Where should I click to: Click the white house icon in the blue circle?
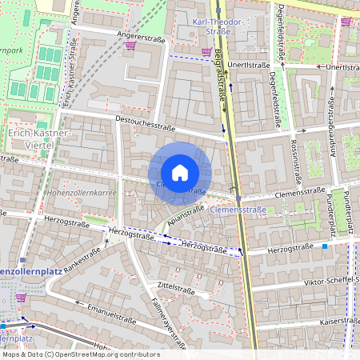[180, 173]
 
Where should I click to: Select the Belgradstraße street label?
[222, 80]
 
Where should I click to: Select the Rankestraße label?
[82, 260]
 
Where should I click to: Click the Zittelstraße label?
[177, 284]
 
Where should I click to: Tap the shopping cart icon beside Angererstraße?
[130, 46]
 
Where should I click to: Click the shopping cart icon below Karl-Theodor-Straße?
[206, 51]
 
